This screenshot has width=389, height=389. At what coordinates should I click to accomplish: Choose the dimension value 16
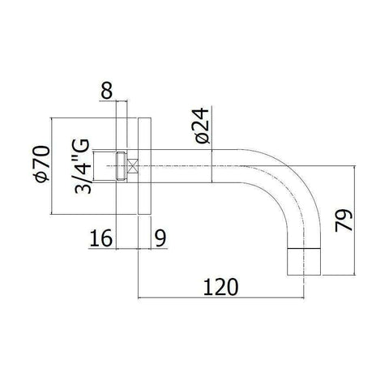(100, 239)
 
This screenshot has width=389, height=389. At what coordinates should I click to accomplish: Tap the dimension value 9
(159, 239)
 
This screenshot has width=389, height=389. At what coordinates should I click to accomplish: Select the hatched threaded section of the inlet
(122, 166)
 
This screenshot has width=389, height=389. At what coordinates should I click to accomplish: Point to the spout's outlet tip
(307, 262)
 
